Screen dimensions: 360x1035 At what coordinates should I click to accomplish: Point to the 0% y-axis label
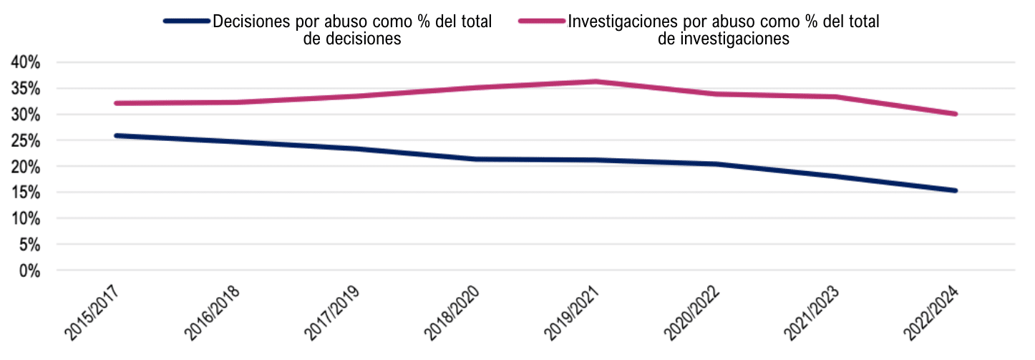tap(29, 271)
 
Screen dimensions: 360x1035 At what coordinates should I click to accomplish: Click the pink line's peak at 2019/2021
tap(596, 82)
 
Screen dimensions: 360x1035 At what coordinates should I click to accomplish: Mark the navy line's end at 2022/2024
tap(956, 191)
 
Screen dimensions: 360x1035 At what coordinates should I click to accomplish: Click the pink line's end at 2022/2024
tap(956, 114)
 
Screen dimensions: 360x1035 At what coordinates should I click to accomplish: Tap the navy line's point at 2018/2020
tap(475, 159)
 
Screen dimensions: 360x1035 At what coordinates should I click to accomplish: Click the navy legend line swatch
tap(187, 21)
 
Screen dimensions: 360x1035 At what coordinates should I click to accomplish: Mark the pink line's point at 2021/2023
tap(835, 97)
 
